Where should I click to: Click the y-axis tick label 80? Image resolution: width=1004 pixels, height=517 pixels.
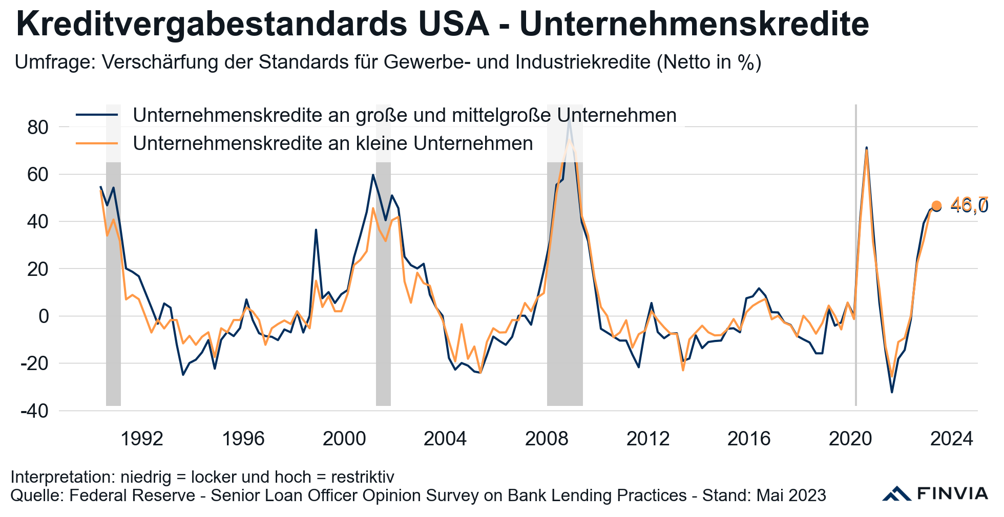coord(37,127)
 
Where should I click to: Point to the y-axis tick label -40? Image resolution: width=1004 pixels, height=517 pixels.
coord(34,411)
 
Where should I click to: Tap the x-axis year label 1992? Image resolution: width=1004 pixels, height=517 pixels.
coord(142,439)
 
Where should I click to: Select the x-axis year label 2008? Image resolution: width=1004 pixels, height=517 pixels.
coord(547,439)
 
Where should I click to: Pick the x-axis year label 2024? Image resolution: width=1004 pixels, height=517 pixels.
coord(951,439)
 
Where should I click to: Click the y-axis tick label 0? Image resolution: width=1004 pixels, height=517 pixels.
coord(44,316)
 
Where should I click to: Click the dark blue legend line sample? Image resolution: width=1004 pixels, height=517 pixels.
coord(97,115)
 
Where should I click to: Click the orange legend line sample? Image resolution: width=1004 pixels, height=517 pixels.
coord(97,143)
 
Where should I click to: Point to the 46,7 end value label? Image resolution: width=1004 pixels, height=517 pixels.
coord(969,205)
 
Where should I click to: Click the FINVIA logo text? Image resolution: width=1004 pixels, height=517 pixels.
coord(952,493)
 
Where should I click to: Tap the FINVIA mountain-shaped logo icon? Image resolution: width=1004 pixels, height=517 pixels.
coord(896,493)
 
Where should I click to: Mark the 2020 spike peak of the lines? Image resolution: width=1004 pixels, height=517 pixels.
coord(866,149)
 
